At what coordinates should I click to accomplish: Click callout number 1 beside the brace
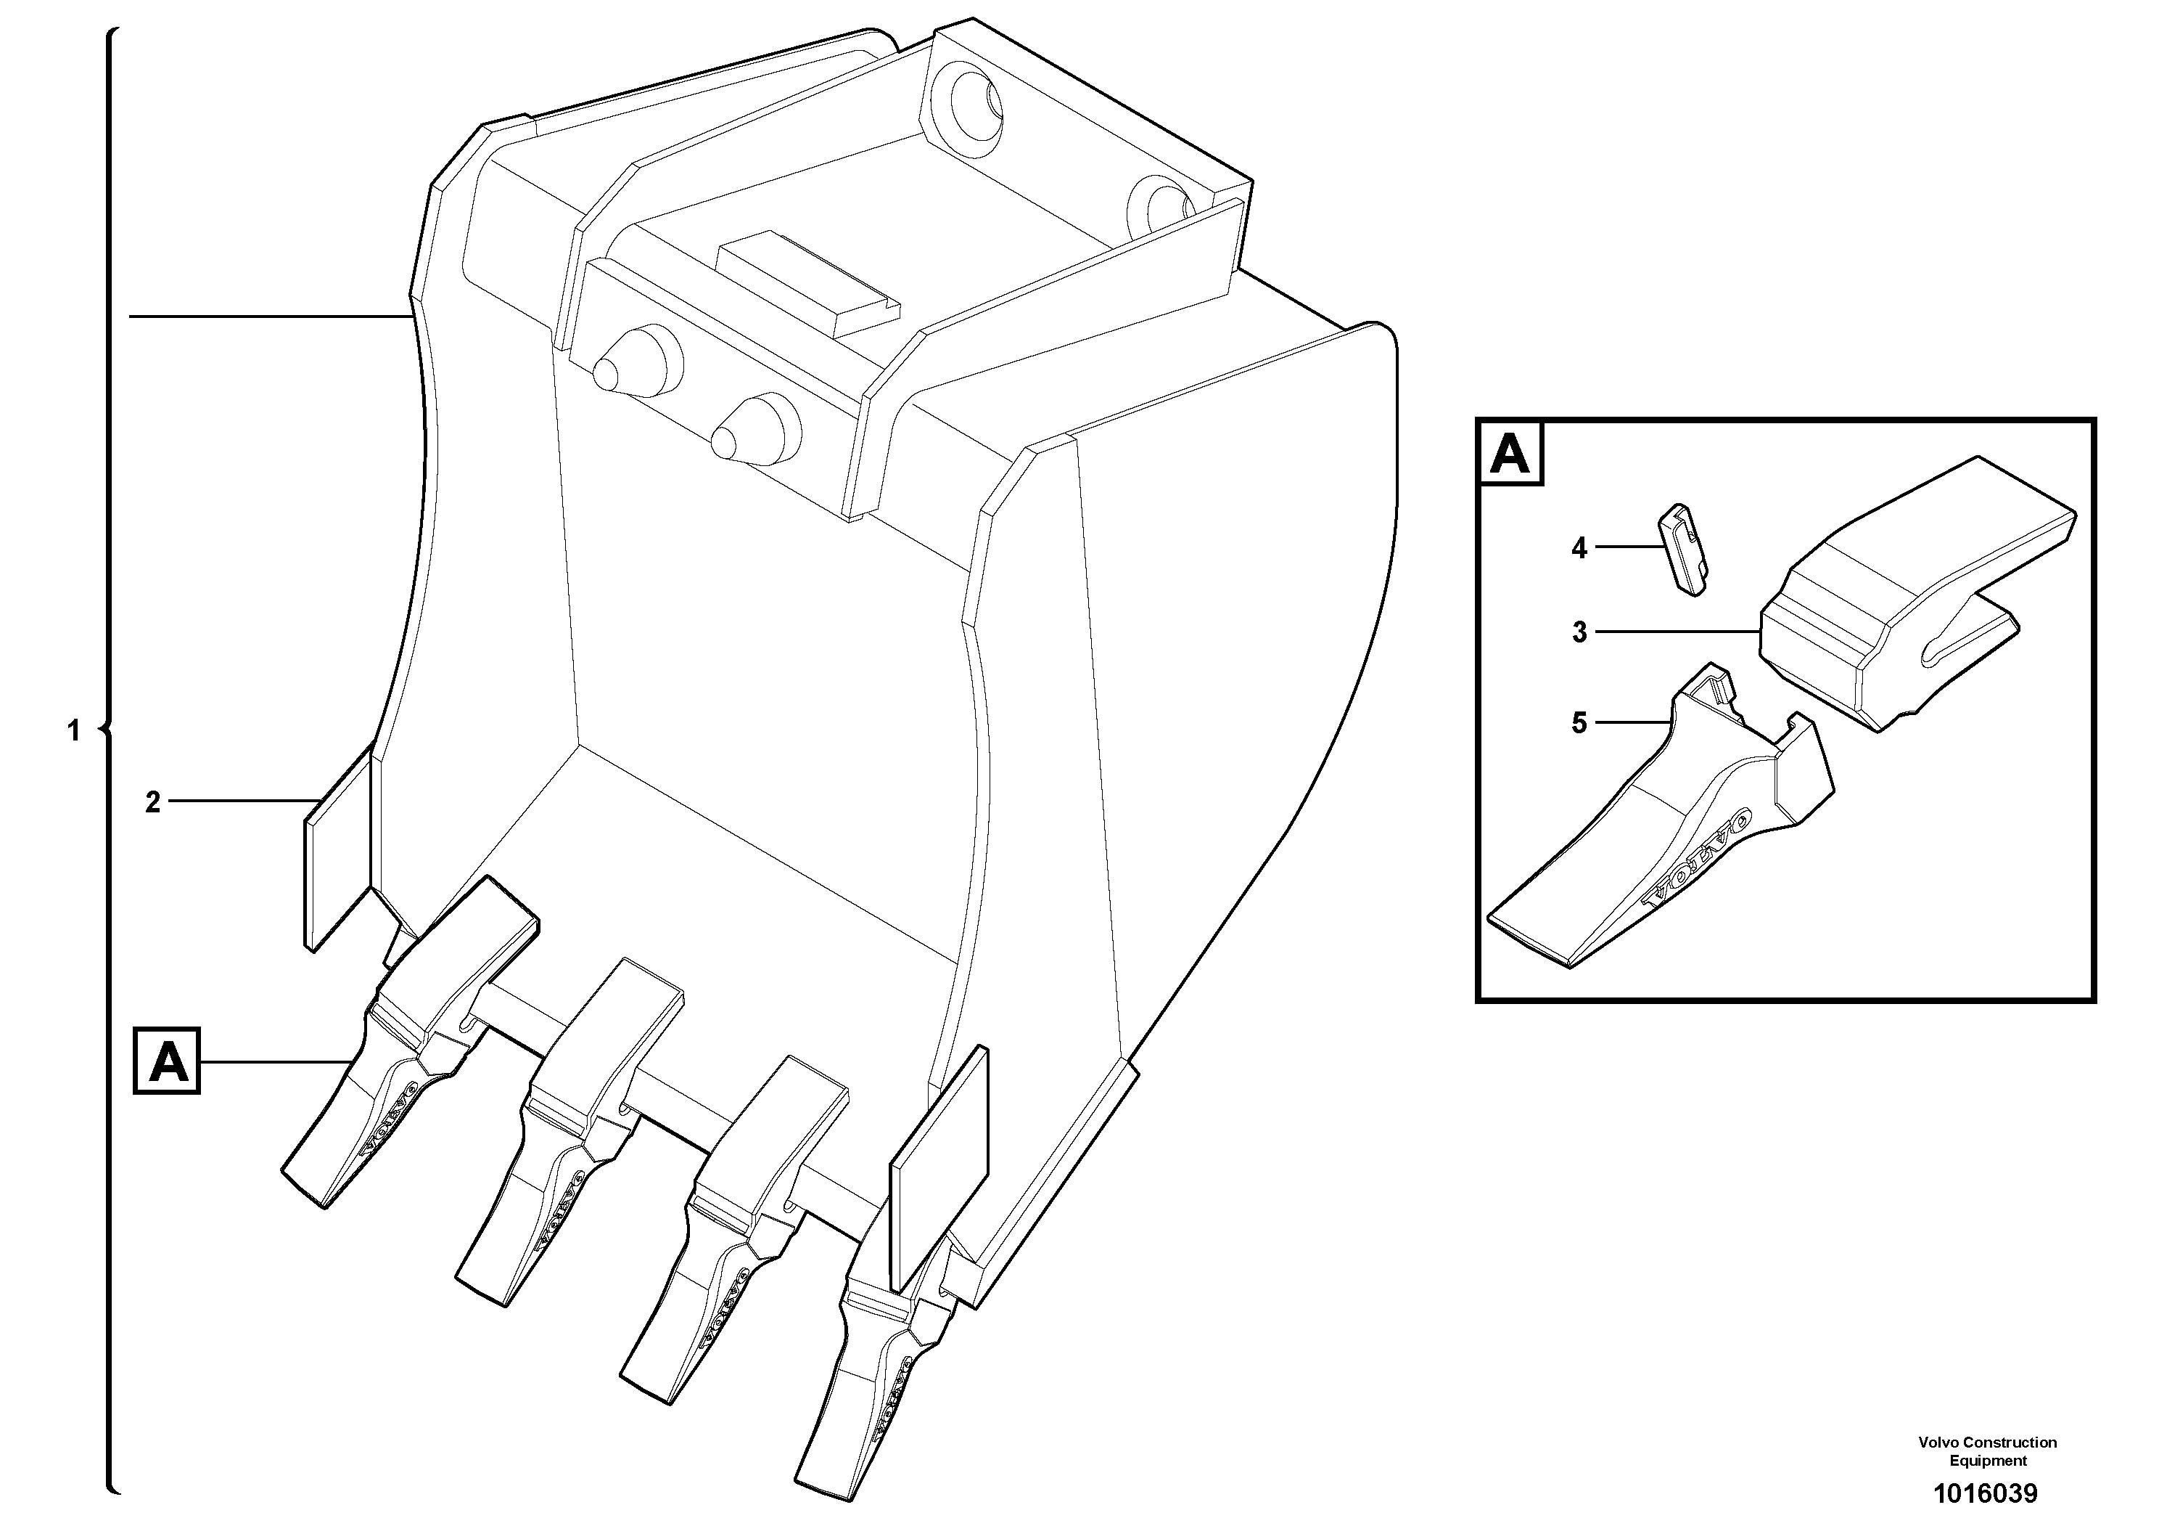[x=74, y=730]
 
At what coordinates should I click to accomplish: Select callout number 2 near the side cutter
[x=152, y=802]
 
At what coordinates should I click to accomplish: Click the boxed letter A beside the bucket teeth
[x=168, y=1061]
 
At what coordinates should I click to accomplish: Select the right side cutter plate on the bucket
[x=939, y=1167]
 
